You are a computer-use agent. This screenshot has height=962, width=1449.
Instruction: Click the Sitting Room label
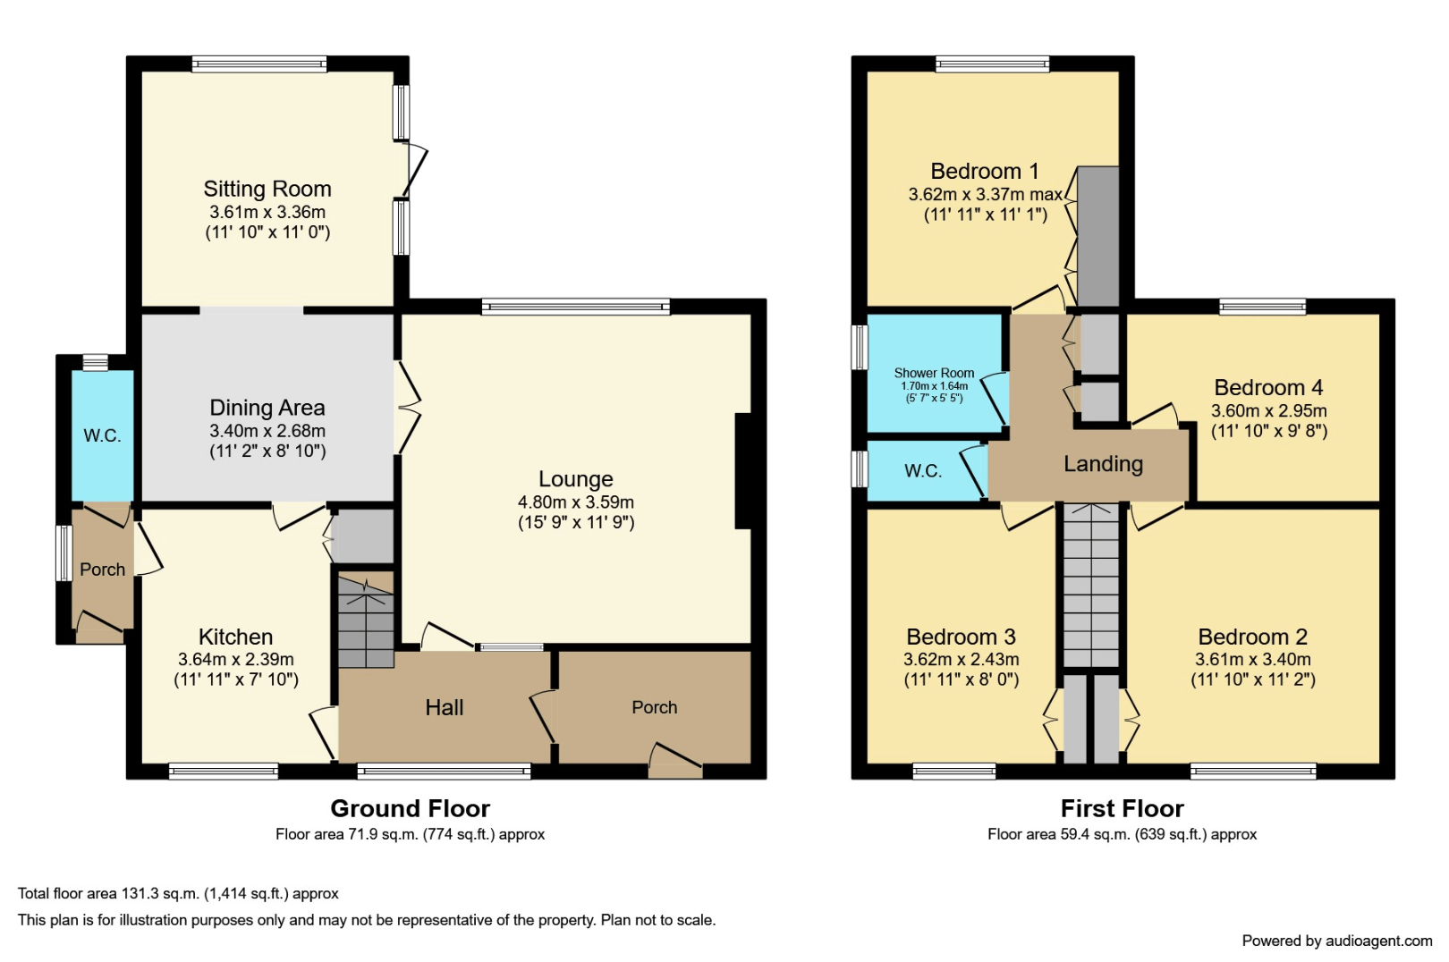267,189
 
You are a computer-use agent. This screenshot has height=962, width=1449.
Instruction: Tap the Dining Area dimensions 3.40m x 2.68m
267,431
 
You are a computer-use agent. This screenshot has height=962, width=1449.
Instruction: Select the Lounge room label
575,479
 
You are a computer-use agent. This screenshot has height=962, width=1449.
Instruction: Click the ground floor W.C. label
102,435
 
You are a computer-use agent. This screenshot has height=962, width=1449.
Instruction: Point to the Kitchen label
235,637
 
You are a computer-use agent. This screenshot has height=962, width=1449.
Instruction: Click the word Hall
444,707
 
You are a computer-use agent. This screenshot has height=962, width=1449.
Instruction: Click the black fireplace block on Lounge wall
742,470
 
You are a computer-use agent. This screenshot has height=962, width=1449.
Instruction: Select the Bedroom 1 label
984,171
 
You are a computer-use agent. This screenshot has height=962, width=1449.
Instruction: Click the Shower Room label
934,373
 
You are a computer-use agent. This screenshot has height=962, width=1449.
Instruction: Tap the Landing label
1103,463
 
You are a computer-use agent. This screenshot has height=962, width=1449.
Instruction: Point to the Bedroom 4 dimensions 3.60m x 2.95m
1268,411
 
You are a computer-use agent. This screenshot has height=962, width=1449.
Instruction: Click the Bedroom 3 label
961,637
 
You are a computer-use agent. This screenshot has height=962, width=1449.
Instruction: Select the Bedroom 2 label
1252,637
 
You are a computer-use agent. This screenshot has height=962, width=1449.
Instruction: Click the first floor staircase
1091,586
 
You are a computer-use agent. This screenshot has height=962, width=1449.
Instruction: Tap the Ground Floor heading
410,808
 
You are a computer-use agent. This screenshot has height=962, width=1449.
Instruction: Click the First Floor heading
1122,808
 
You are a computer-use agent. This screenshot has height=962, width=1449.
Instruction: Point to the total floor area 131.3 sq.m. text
178,893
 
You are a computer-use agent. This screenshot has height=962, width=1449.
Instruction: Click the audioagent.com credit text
1336,941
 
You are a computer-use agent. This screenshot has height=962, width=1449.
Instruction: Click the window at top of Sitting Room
259,63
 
